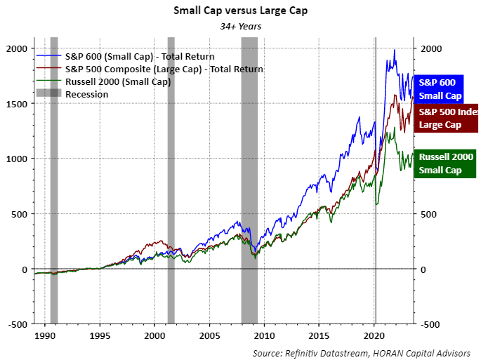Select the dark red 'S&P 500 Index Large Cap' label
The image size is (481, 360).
(x=447, y=118)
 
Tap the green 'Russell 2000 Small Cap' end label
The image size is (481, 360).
(x=446, y=164)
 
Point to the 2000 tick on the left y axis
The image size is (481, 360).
(x=17, y=48)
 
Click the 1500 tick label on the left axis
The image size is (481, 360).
(x=17, y=104)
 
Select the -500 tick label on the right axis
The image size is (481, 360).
(x=430, y=325)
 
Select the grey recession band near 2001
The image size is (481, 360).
(x=171, y=175)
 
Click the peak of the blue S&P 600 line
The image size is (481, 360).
(x=395, y=50)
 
